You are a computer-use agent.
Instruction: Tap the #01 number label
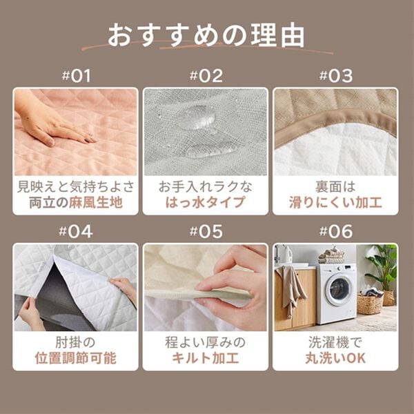coord(76,76)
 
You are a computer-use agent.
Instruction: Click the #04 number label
coord(76,231)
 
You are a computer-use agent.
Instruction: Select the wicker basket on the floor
coord(370,303)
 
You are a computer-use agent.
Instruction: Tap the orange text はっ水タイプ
coord(205,203)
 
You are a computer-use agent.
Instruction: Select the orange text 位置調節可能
coord(76,359)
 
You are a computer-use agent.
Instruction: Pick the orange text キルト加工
coord(205,359)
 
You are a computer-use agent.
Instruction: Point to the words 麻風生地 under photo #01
coord(98,203)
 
